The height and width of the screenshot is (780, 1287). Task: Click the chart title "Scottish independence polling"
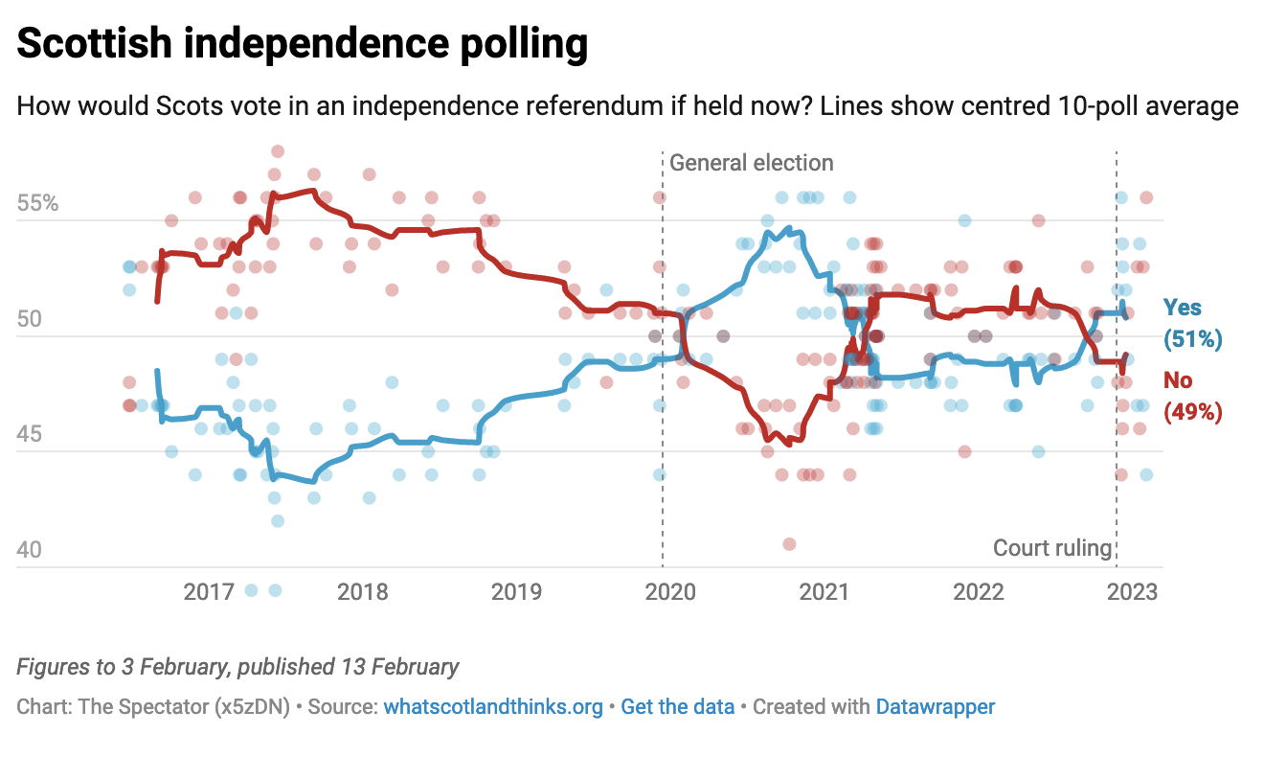pos(302,45)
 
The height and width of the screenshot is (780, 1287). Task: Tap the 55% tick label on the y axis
pos(38,204)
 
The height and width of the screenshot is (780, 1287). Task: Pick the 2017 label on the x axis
pos(209,591)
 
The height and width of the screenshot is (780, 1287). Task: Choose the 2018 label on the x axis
pos(363,591)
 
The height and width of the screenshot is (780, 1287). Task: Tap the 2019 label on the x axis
pos(516,591)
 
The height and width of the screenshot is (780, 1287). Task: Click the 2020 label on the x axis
pos(670,591)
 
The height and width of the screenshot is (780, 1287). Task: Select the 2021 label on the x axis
pos(824,591)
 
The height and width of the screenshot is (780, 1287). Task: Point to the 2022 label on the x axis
pos(978,591)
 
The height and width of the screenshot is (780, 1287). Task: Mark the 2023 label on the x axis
pos(1132,591)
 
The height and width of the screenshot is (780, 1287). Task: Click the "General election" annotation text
pos(752,163)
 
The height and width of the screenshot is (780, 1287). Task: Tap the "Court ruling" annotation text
pos(1052,548)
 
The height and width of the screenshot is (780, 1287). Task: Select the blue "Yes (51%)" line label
pos(1191,323)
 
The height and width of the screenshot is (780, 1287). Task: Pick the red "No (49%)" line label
pos(1191,396)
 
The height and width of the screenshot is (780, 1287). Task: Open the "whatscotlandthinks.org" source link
pos(493,707)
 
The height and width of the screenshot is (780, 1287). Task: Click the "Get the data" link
pos(677,707)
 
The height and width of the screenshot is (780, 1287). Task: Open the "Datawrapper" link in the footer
pos(935,707)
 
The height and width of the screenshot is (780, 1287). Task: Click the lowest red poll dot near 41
pos(789,544)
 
